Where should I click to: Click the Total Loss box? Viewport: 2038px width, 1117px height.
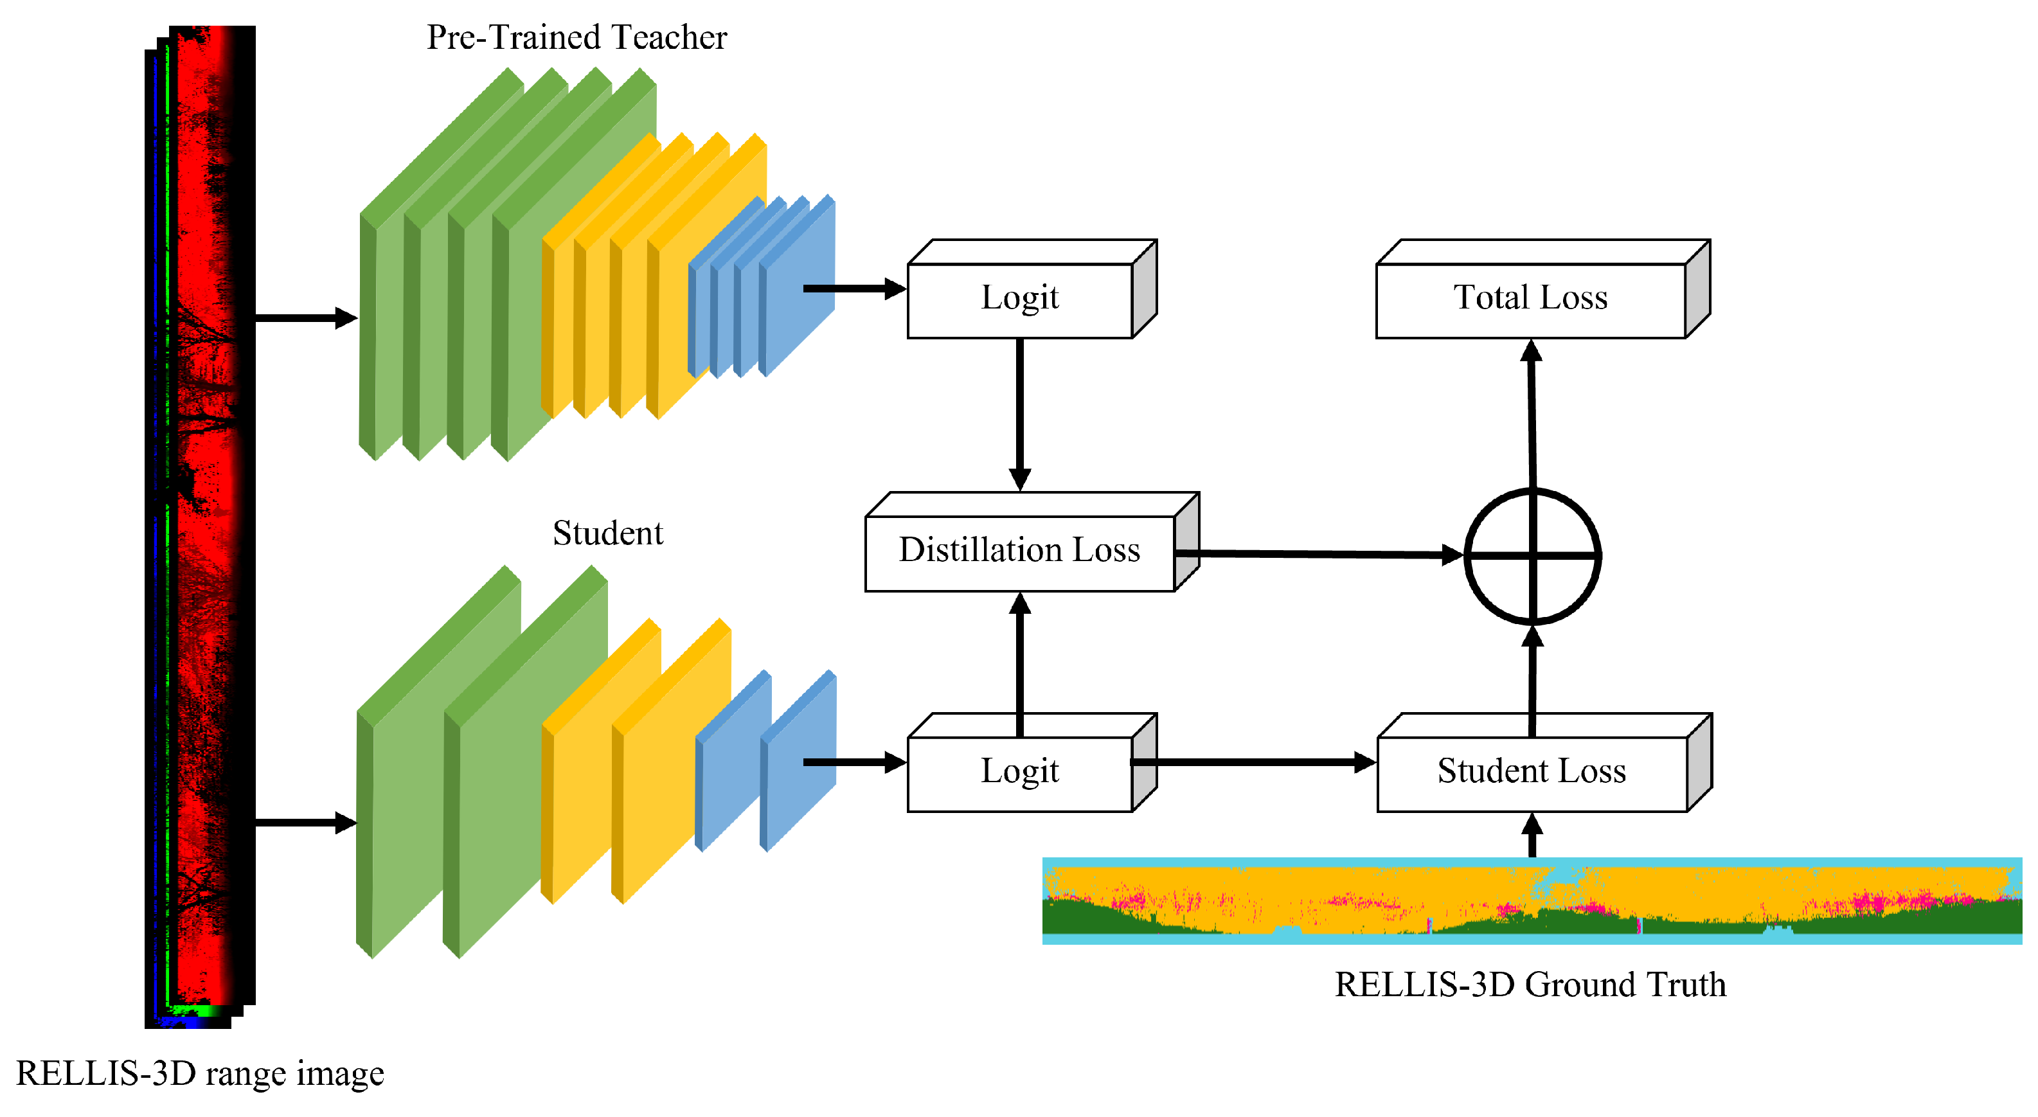pyautogui.click(x=1542, y=290)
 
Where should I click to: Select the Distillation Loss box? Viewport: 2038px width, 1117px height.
pyautogui.click(x=1032, y=542)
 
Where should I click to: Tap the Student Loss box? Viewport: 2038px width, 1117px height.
pyautogui.click(x=1544, y=763)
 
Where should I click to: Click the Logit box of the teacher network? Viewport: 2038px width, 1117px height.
pyautogui.click(x=1032, y=290)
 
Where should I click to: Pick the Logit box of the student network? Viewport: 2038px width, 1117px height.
pyautogui.click(x=1032, y=763)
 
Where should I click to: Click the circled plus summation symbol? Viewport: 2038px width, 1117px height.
pyautogui.click(x=1532, y=556)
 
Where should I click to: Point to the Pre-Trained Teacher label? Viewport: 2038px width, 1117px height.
pyautogui.click(x=577, y=37)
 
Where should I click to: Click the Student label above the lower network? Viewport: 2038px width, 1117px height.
pyautogui.click(x=607, y=532)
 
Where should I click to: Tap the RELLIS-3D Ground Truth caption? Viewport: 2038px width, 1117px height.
pyautogui.click(x=1530, y=985)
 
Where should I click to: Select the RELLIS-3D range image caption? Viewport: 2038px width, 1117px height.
pyautogui.click(x=200, y=1073)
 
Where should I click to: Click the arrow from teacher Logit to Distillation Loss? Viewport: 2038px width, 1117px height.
pyautogui.click(x=1020, y=415)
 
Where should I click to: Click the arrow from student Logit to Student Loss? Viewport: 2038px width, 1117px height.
pyautogui.click(x=1254, y=763)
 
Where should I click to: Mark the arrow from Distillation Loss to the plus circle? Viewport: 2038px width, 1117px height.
pyautogui.click(x=1319, y=554)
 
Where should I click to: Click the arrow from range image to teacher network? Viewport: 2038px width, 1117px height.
pyautogui.click(x=306, y=318)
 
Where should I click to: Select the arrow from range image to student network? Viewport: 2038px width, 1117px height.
pyautogui.click(x=306, y=823)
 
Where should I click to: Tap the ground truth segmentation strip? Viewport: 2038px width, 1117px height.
pyautogui.click(x=1532, y=900)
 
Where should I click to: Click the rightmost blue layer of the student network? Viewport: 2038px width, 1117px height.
pyautogui.click(x=798, y=760)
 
